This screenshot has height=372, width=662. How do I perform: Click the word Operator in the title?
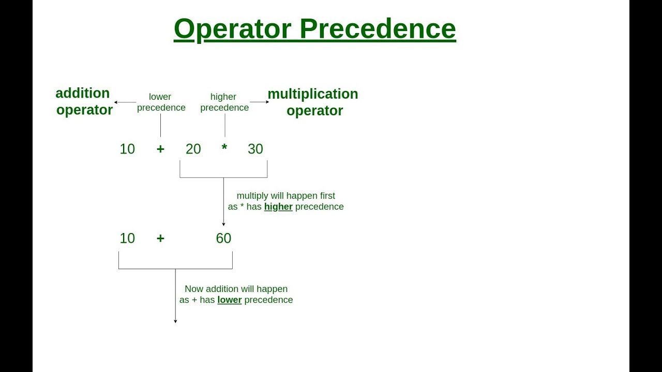tap(233, 29)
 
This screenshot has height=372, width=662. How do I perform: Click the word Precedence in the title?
tap(378, 29)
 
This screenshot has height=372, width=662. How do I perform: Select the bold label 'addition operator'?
tap(84, 101)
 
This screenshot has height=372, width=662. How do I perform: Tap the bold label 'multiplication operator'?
tap(313, 102)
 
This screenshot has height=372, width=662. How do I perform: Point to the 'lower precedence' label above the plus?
tap(161, 102)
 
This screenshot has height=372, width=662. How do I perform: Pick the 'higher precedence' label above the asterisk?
tap(224, 102)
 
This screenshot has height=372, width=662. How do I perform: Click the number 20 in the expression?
tap(193, 149)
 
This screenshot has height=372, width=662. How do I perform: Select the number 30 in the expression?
tap(255, 149)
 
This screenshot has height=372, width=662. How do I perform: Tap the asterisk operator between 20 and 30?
tap(224, 148)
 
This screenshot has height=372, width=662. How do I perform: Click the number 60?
tap(223, 238)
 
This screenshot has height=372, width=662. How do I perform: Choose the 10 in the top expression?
tap(127, 149)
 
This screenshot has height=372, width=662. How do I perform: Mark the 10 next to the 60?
tap(127, 238)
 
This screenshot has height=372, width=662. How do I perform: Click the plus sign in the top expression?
tap(160, 149)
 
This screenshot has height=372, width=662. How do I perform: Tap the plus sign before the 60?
tap(160, 238)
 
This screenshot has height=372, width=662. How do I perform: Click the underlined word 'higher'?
tap(278, 207)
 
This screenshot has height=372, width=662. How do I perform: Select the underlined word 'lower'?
tap(230, 300)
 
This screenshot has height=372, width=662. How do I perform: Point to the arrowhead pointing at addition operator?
tap(116, 102)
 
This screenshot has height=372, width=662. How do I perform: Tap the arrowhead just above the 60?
tap(223, 224)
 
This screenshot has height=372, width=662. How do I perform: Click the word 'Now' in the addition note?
tap(194, 289)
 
